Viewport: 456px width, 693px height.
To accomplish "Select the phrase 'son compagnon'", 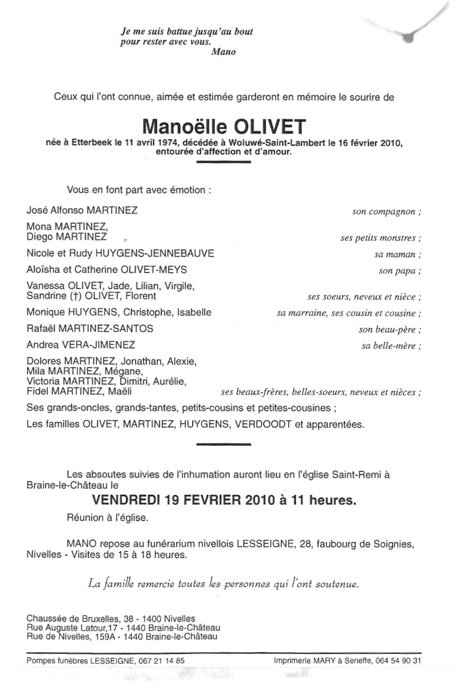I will click(x=386, y=213).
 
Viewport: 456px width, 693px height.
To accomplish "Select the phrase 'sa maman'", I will click(x=401, y=254).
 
